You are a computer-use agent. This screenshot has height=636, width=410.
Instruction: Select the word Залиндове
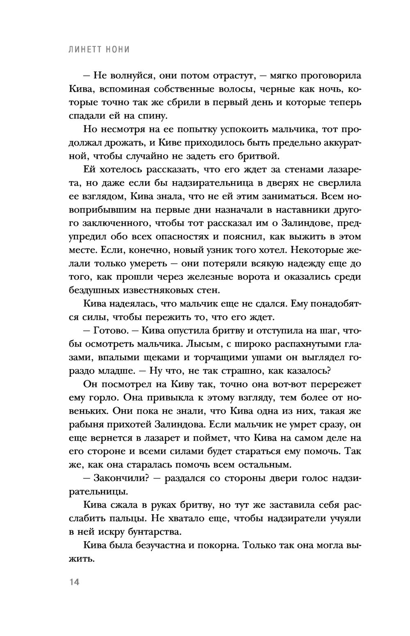click(x=298, y=223)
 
